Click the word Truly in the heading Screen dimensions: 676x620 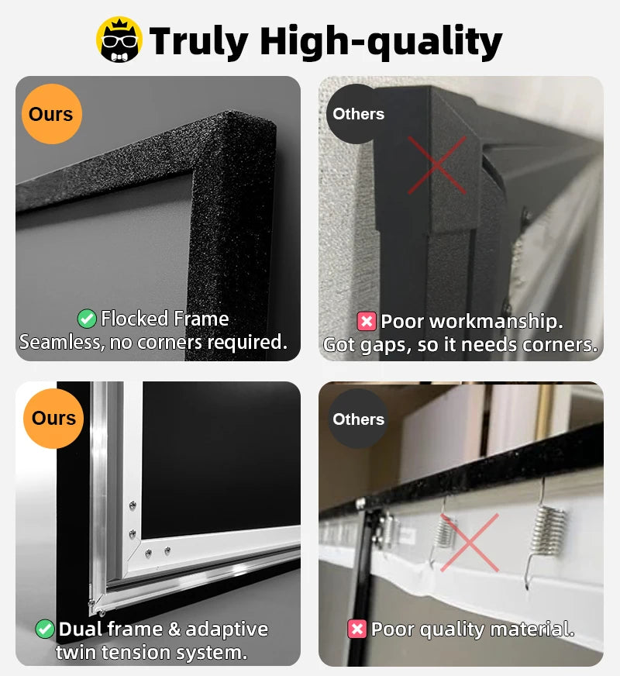(x=198, y=40)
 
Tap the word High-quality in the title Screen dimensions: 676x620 (x=381, y=41)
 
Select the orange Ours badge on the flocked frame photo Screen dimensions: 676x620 (x=51, y=114)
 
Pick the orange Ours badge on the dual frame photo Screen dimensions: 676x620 (x=53, y=418)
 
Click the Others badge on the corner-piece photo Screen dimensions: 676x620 (x=358, y=114)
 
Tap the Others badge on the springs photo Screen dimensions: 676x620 (x=358, y=419)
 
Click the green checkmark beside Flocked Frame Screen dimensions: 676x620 (x=87, y=318)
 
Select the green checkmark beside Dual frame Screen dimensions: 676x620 (x=45, y=629)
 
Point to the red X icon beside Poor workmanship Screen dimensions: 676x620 (x=367, y=321)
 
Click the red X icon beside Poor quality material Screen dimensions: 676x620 (x=356, y=629)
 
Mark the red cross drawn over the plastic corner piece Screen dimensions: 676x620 (x=437, y=165)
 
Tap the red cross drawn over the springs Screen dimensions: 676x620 (x=470, y=543)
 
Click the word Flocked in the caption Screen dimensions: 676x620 (x=134, y=319)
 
